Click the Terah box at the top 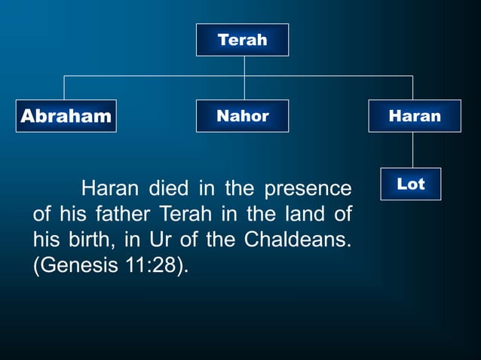(x=242, y=40)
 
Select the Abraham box (x=66, y=116)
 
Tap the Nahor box (x=242, y=116)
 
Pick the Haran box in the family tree (x=414, y=116)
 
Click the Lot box (x=410, y=184)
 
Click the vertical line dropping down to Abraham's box (x=64, y=87)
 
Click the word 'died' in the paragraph (x=168, y=187)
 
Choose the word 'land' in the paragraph (x=300, y=214)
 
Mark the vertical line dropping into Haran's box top (x=412, y=87)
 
